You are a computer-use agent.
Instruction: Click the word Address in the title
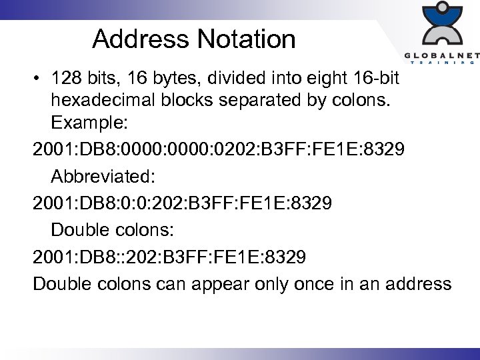(x=141, y=39)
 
